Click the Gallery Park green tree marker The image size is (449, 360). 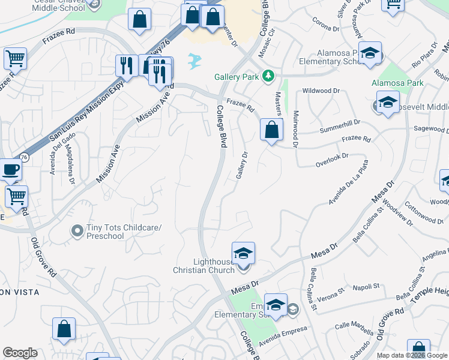[270, 76]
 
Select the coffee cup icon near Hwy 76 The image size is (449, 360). [10, 170]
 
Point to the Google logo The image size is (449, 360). [20, 353]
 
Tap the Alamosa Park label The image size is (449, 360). [397, 83]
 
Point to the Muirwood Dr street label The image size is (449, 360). [295, 128]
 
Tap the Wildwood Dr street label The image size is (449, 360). [321, 91]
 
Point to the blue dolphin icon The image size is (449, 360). [194, 60]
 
